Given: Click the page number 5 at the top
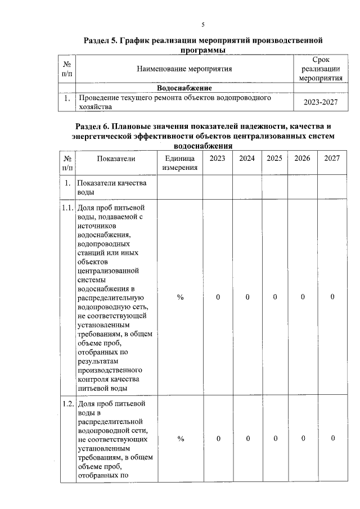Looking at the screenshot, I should tap(203, 24).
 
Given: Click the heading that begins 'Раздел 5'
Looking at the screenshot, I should tap(203, 46).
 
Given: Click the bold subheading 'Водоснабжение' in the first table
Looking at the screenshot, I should tap(184, 88).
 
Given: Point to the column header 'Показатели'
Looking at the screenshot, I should tap(116, 159).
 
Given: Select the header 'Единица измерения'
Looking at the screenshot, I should tap(180, 163).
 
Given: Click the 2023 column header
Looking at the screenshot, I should tap(218, 159).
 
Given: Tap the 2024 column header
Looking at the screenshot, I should tap(247, 159).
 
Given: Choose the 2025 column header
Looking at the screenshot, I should tap(274, 159).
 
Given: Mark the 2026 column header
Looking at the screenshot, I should tap(303, 159).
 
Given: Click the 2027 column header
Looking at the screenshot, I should tap(332, 159).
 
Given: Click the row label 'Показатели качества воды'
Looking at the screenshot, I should tap(112, 188).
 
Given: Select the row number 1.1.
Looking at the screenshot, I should tap(67, 208).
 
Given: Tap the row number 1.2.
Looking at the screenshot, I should tap(67, 403).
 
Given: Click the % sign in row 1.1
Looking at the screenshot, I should tap(180, 297).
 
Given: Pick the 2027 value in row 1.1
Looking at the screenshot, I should tap(332, 297).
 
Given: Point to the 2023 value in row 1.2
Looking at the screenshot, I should tap(218, 439).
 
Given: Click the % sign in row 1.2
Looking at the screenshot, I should tap(180, 439).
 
